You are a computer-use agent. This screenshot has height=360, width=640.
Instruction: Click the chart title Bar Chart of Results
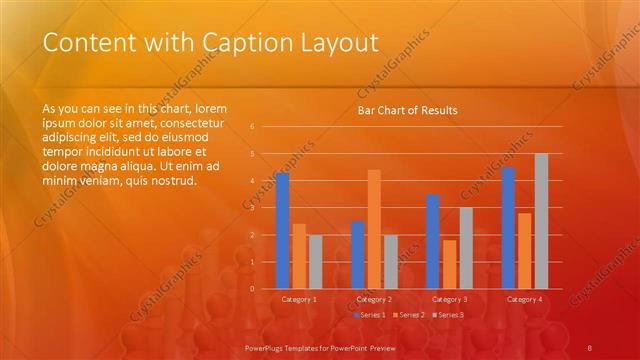[x=407, y=110]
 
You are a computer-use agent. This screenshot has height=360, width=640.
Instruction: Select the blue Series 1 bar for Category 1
[x=283, y=230]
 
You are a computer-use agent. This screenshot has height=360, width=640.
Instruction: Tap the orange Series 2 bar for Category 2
[x=374, y=229]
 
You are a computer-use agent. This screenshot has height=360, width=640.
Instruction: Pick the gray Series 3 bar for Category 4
[x=541, y=221]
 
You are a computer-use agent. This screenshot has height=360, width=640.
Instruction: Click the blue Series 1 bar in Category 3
[x=433, y=241]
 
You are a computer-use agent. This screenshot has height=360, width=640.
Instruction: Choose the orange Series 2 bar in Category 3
[x=449, y=264]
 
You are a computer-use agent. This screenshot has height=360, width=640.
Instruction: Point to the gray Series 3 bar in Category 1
[x=316, y=261]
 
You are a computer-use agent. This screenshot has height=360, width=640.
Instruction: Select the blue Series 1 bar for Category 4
[x=508, y=227]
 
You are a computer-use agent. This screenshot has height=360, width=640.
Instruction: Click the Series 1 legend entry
[x=370, y=315]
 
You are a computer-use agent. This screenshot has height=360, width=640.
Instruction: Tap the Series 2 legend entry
[x=409, y=315]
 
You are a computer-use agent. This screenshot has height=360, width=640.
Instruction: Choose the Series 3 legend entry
[x=449, y=315]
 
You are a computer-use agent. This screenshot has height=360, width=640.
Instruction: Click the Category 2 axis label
[x=374, y=299]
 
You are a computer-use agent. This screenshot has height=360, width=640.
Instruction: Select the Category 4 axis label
[x=525, y=299]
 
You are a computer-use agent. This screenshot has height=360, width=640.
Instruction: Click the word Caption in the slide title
[x=246, y=43]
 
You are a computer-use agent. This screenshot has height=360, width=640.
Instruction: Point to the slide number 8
[x=590, y=346]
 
